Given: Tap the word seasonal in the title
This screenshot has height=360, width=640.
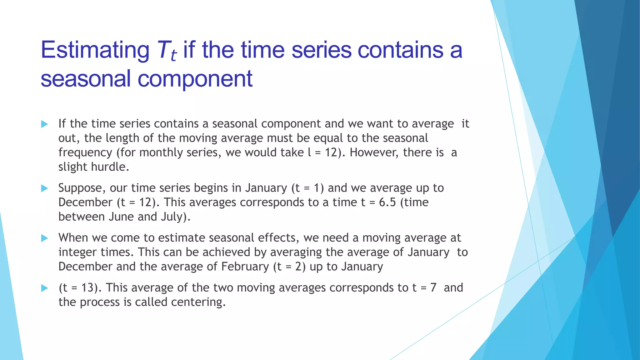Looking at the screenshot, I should (x=85, y=79).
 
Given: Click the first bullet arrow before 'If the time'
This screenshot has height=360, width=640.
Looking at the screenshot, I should (x=44, y=124).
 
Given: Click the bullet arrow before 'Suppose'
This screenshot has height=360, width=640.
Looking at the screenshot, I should (x=44, y=188).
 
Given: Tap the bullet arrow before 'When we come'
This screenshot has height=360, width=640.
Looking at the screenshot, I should (x=44, y=238).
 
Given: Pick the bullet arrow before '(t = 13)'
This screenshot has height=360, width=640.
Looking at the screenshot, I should (x=44, y=288).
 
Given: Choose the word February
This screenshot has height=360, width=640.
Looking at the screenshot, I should (x=245, y=267).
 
